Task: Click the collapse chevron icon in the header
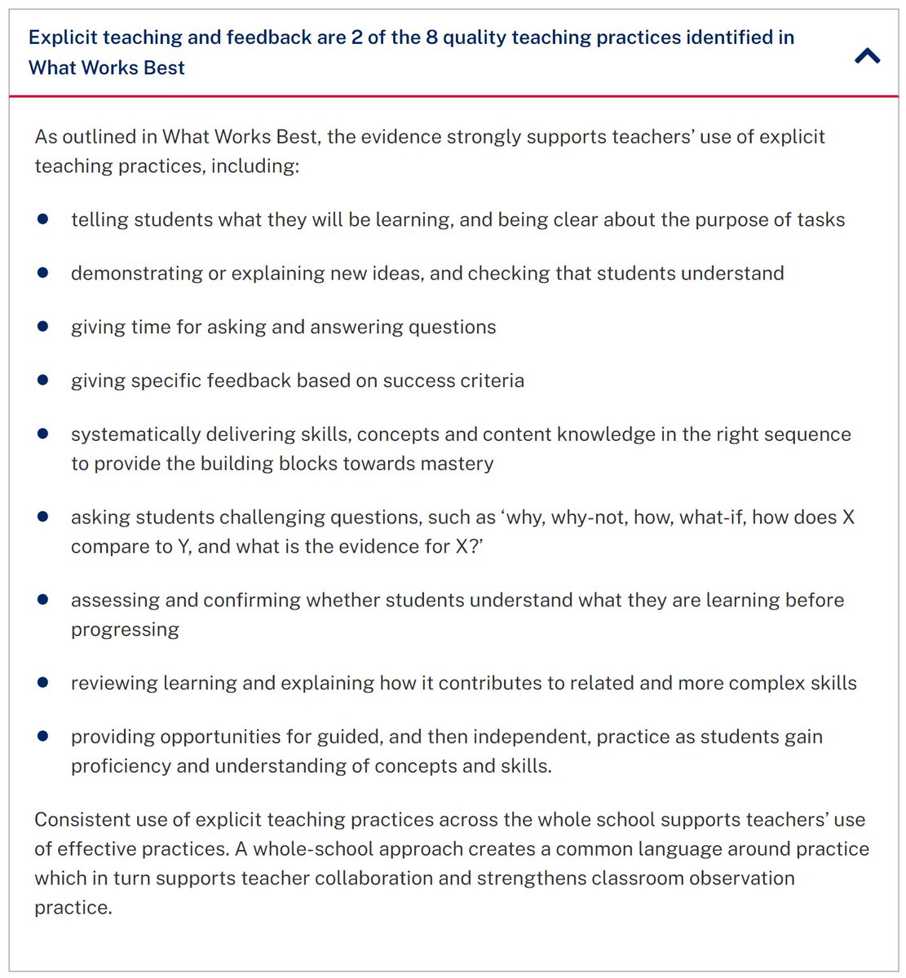pyautogui.click(x=867, y=55)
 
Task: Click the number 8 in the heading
pyautogui.click(x=431, y=37)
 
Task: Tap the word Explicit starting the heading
pyautogui.click(x=64, y=37)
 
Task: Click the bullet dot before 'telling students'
pyautogui.click(x=43, y=219)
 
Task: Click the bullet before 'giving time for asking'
pyautogui.click(x=43, y=326)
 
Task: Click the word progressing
pyautogui.click(x=125, y=630)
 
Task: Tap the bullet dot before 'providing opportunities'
pyautogui.click(x=43, y=736)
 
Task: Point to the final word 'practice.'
pyautogui.click(x=73, y=908)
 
